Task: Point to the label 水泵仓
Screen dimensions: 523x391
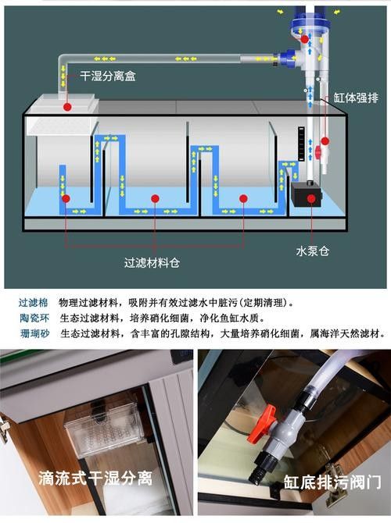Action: (x=312, y=251)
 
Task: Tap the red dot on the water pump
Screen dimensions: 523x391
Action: (x=311, y=199)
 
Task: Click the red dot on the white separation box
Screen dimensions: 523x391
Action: (x=68, y=106)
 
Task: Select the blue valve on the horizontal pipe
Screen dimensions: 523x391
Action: (x=286, y=58)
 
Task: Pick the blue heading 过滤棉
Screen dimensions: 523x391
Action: (x=34, y=302)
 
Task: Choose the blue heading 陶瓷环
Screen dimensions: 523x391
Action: (x=34, y=318)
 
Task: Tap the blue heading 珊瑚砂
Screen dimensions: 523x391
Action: (x=34, y=333)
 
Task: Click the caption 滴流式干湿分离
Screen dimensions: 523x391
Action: (x=95, y=477)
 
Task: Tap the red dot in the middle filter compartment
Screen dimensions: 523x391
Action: (x=156, y=199)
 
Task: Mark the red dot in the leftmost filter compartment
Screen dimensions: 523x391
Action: (x=67, y=199)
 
